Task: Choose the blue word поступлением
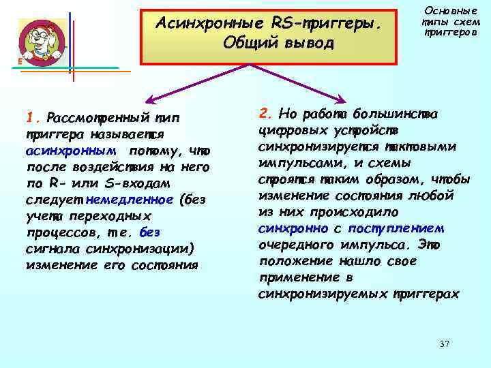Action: point(396,228)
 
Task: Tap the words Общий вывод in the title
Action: point(279,44)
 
